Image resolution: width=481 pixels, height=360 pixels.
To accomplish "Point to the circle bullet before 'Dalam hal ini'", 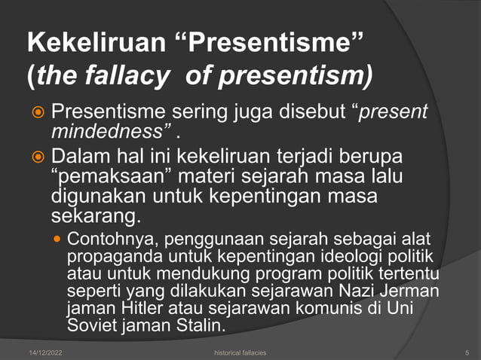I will pyautogui.click(x=36, y=160).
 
